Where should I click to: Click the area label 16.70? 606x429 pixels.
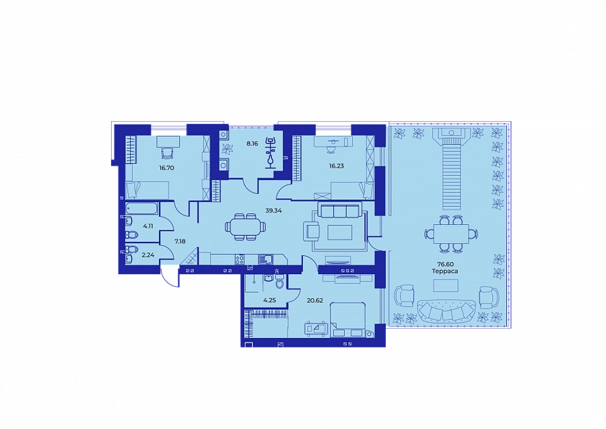[166, 168]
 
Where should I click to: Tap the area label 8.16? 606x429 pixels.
[252, 143]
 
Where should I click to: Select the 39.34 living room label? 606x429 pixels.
[273, 211]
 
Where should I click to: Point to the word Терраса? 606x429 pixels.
[445, 271]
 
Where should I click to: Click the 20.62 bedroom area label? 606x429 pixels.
[314, 300]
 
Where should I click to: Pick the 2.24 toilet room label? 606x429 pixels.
[148, 255]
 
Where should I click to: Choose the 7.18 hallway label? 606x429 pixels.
[180, 242]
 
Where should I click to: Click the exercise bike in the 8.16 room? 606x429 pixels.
[271, 153]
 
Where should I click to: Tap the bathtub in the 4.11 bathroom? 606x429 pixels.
[142, 209]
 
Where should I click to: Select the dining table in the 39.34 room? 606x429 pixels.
[245, 227]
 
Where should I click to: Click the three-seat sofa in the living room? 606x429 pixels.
[340, 211]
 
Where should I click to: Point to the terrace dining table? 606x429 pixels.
[451, 234]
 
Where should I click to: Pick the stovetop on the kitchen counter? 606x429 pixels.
[240, 259]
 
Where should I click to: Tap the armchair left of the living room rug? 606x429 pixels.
[312, 231]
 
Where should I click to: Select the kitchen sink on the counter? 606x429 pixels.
[265, 259]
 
